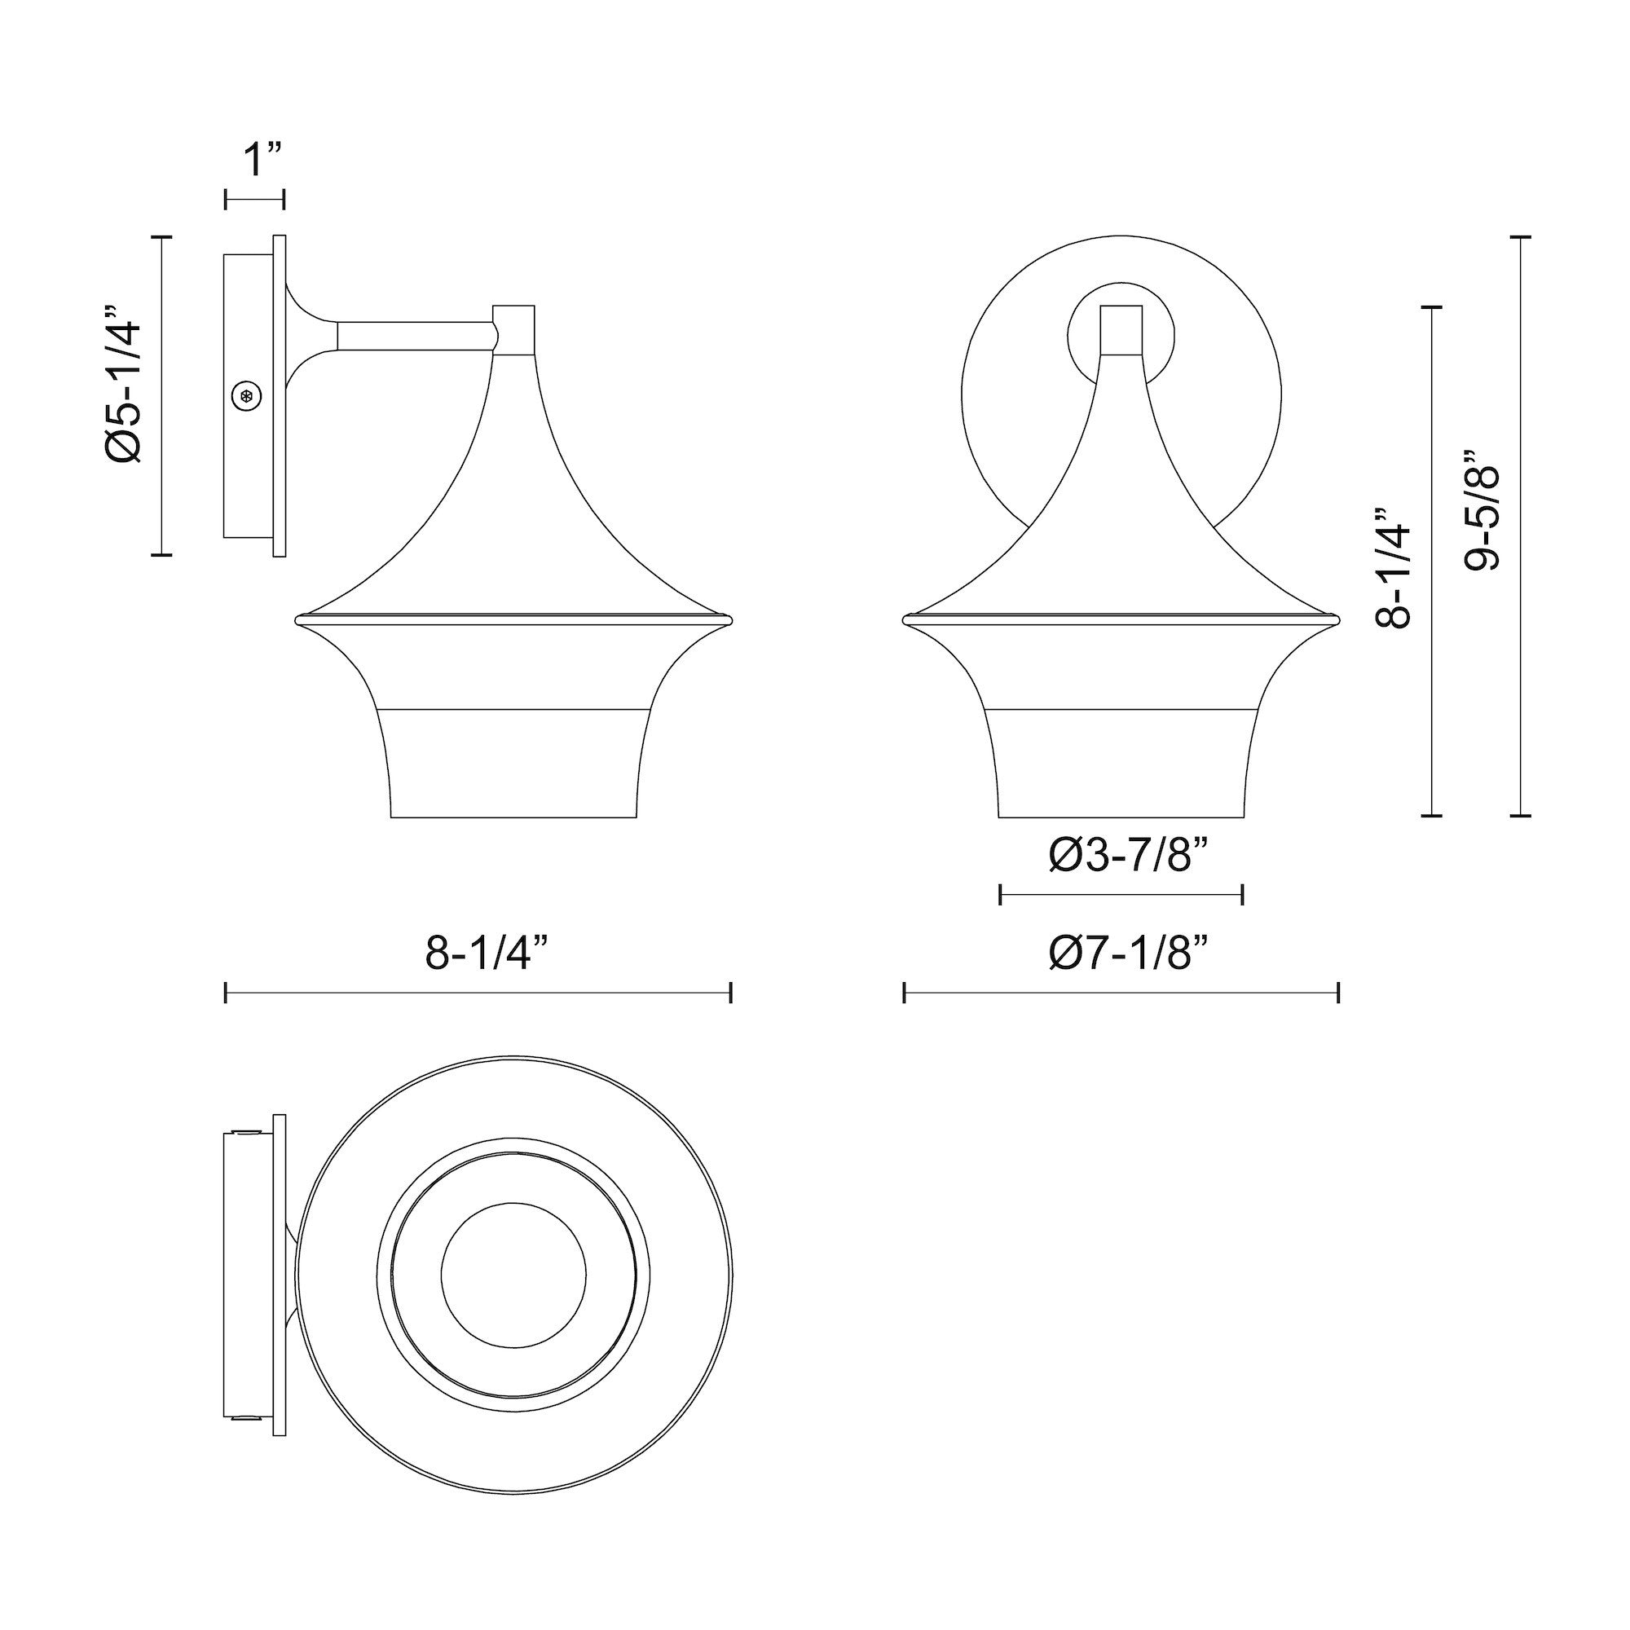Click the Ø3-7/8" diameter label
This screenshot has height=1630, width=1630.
(1130, 857)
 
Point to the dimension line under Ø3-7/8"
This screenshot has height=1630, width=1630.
(1121, 895)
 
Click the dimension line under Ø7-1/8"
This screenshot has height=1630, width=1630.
(1121, 993)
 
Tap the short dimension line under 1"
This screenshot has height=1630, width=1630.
(255, 199)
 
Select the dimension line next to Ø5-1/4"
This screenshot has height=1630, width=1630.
(161, 394)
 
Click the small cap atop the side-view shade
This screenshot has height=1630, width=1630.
(513, 330)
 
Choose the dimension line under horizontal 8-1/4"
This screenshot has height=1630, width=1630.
(478, 993)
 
